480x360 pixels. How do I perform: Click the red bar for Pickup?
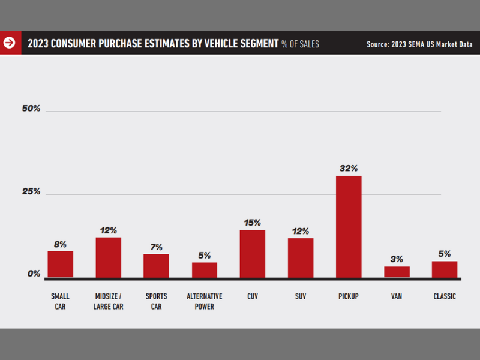[349, 226]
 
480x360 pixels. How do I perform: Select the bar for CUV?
[253, 254]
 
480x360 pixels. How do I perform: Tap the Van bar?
[397, 272]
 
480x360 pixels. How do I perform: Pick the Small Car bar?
[61, 264]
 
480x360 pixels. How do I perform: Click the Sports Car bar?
[156, 265]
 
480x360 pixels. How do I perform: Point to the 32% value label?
[349, 168]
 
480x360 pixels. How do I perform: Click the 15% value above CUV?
[253, 223]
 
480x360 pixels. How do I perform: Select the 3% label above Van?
[397, 259]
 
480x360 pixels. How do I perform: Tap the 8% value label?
[61, 244]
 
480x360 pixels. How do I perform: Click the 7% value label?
[156, 247]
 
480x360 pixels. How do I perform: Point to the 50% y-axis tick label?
[31, 109]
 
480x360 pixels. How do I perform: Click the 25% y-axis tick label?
[31, 191]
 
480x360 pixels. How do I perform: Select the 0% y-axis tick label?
[34, 274]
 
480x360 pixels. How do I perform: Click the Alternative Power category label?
[205, 301]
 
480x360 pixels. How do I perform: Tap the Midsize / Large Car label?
[108, 301]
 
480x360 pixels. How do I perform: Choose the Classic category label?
[445, 296]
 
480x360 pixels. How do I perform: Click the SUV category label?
[301, 296]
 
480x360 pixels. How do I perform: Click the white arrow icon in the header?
[10, 43]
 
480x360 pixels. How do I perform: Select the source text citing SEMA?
[419, 44]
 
